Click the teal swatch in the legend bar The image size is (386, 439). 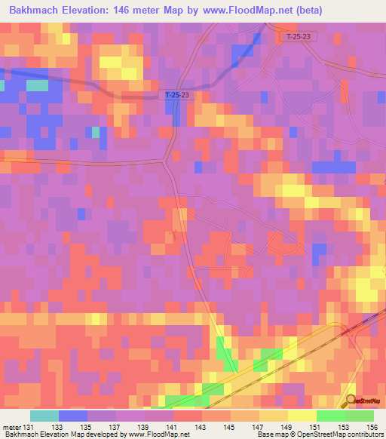pos(44,416)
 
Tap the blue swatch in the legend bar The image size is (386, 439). pos(73,416)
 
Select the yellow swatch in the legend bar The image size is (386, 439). pos(302,416)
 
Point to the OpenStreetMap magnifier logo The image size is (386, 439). pos(351,401)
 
